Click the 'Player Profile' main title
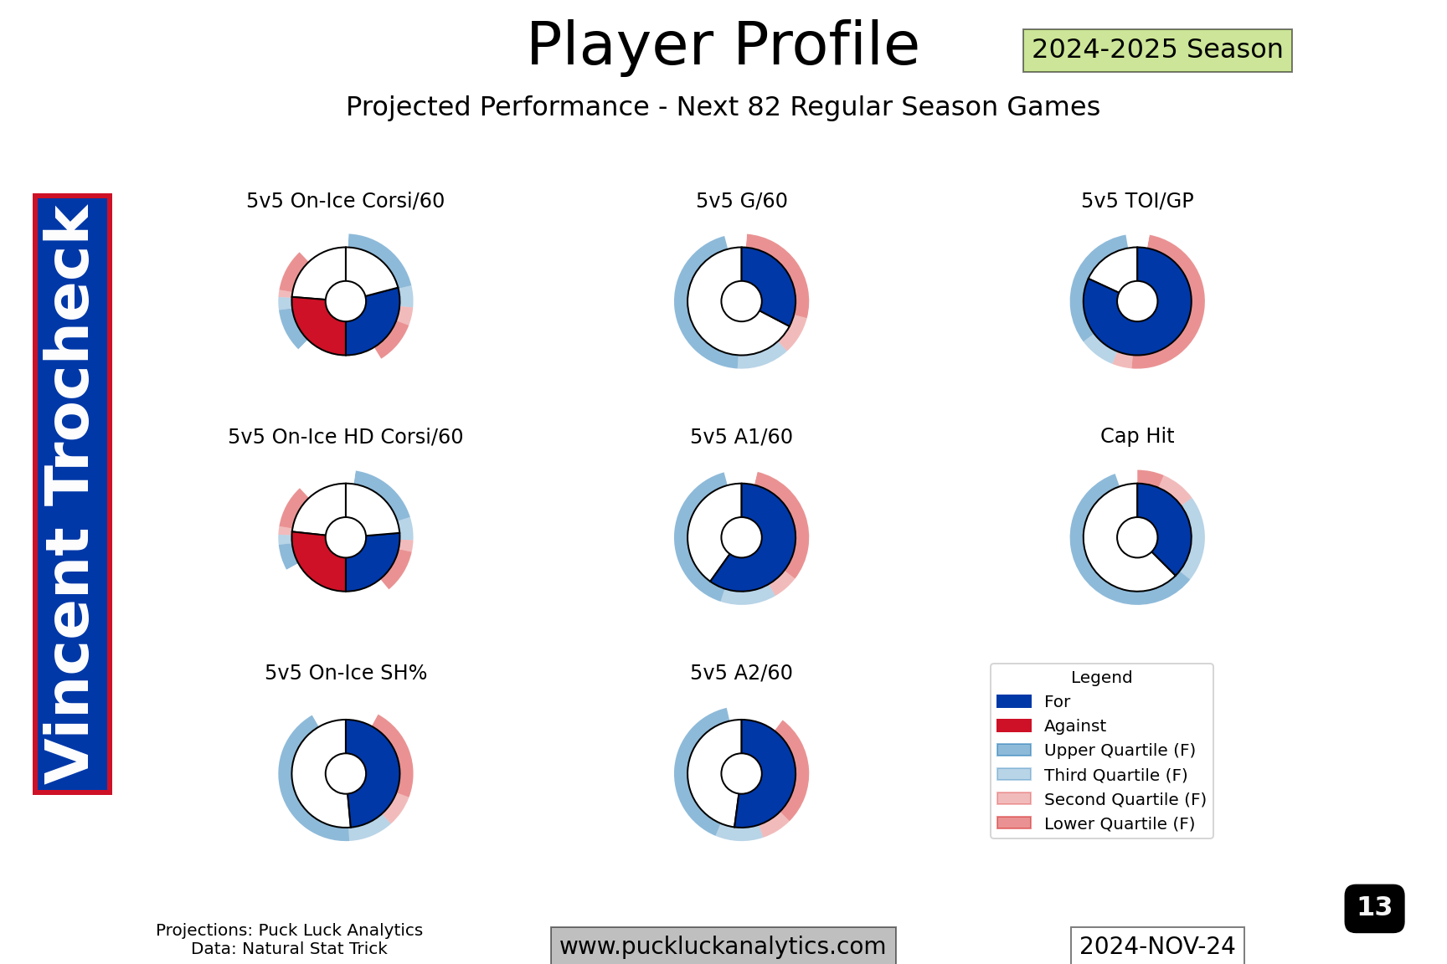click(723, 44)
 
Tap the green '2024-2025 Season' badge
click(1157, 50)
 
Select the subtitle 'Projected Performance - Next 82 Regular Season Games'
click(723, 107)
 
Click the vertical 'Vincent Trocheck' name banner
click(72, 494)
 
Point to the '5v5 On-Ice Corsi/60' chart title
click(345, 201)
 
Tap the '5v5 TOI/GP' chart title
click(1137, 201)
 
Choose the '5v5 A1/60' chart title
click(741, 437)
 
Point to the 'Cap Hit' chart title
click(1137, 436)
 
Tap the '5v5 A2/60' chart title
click(741, 673)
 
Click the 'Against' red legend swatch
click(1014, 726)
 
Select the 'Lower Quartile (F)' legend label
click(1120, 823)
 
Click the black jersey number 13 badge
click(1374, 908)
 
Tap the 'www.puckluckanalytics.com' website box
click(723, 946)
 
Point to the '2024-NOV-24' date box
click(1157, 946)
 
